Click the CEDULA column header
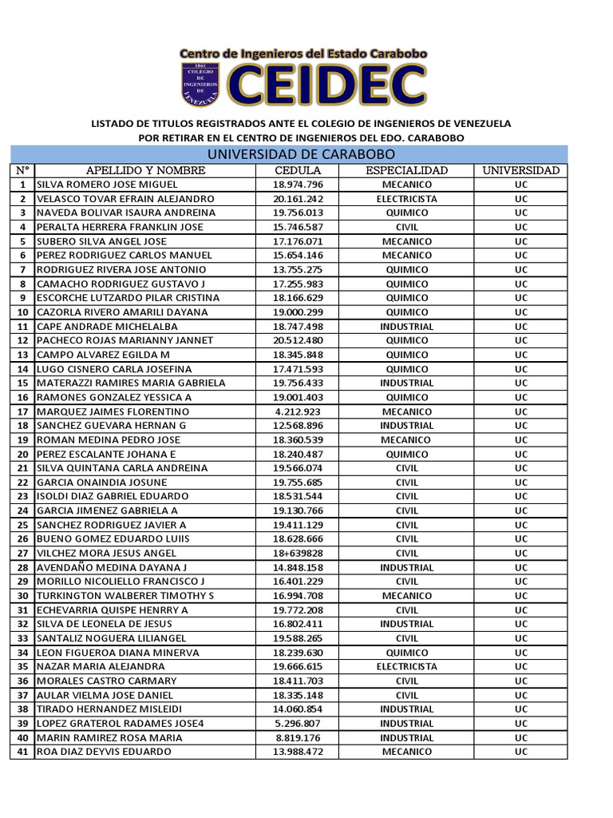coord(298,170)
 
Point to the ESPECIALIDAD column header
coord(407,170)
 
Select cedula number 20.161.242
coord(298,199)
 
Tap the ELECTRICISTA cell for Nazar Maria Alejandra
coord(407,666)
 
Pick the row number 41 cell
coord(22,752)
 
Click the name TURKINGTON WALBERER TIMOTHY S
coord(126,596)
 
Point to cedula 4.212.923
coord(298,411)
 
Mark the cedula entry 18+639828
coord(298,554)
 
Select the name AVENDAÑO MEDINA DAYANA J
coord(116,567)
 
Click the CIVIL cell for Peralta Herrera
coord(407,227)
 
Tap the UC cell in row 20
coord(521,454)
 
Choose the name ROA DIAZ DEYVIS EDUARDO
coord(105,752)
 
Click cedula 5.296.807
coord(298,723)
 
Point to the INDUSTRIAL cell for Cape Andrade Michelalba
coord(407,327)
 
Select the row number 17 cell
coord(22,411)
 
